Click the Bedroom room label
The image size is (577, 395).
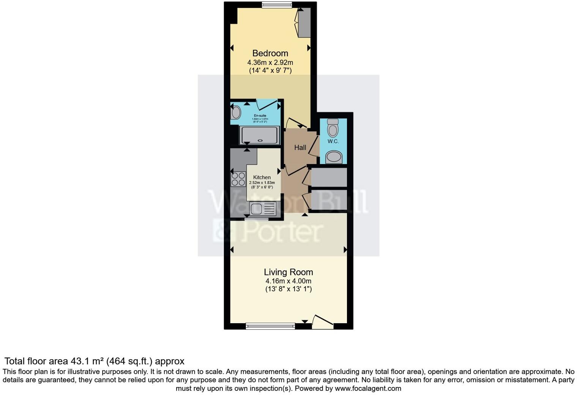(270, 53)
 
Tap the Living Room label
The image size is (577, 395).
(288, 272)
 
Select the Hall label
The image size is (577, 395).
(300, 147)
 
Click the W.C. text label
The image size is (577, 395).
(333, 141)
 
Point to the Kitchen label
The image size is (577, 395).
(262, 177)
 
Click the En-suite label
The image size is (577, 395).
(260, 115)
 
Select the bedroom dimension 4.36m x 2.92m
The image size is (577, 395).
(270, 62)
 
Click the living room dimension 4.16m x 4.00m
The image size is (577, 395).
(288, 281)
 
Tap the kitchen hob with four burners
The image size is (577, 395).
(238, 179)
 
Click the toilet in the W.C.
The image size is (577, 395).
(333, 128)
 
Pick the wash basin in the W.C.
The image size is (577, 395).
(334, 156)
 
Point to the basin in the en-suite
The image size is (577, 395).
(236, 113)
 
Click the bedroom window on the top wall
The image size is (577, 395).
(277, 5)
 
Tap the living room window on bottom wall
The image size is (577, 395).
(270, 325)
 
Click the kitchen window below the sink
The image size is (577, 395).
(256, 219)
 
